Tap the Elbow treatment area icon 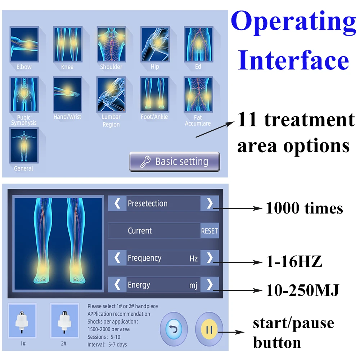pyautogui.click(x=24, y=44)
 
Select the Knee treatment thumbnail pyautogui.click(x=68, y=44)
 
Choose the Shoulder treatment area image pyautogui.click(x=111, y=44)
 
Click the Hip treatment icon pyautogui.click(x=155, y=44)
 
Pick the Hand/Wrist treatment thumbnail pyautogui.click(x=68, y=94)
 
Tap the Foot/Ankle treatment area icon pyautogui.click(x=155, y=94)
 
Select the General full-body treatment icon pyautogui.click(x=24, y=145)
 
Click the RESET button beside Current pyautogui.click(x=210, y=231)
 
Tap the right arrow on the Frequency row pyautogui.click(x=210, y=258)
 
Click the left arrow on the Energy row pyautogui.click(x=117, y=285)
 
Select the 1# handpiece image pyautogui.click(x=22, y=321)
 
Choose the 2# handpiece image pyautogui.click(x=64, y=321)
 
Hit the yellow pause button pyautogui.click(x=209, y=329)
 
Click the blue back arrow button pyautogui.click(x=174, y=329)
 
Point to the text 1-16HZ pyautogui.click(x=294, y=261)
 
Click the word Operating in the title pyautogui.click(x=293, y=22)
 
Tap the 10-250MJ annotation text pyautogui.click(x=302, y=290)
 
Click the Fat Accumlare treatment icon pyautogui.click(x=198, y=94)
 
